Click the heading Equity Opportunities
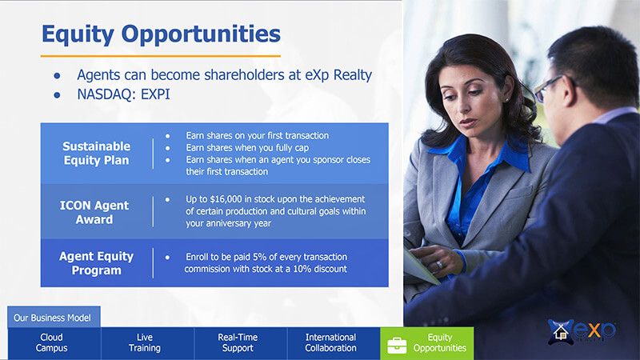click(x=161, y=34)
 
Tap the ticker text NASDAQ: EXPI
click(x=123, y=94)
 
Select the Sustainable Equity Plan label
click(x=96, y=153)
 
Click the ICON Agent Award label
click(x=94, y=212)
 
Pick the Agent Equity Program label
click(x=96, y=263)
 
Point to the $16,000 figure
click(x=226, y=199)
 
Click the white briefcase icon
click(x=397, y=346)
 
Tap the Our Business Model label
click(x=52, y=318)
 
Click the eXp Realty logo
click(x=582, y=331)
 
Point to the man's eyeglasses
click(x=550, y=89)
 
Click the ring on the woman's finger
click(x=439, y=265)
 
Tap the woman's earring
click(x=506, y=99)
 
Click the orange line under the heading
click(x=161, y=56)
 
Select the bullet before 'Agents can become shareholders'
click(x=57, y=75)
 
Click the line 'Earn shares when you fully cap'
click(x=247, y=148)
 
